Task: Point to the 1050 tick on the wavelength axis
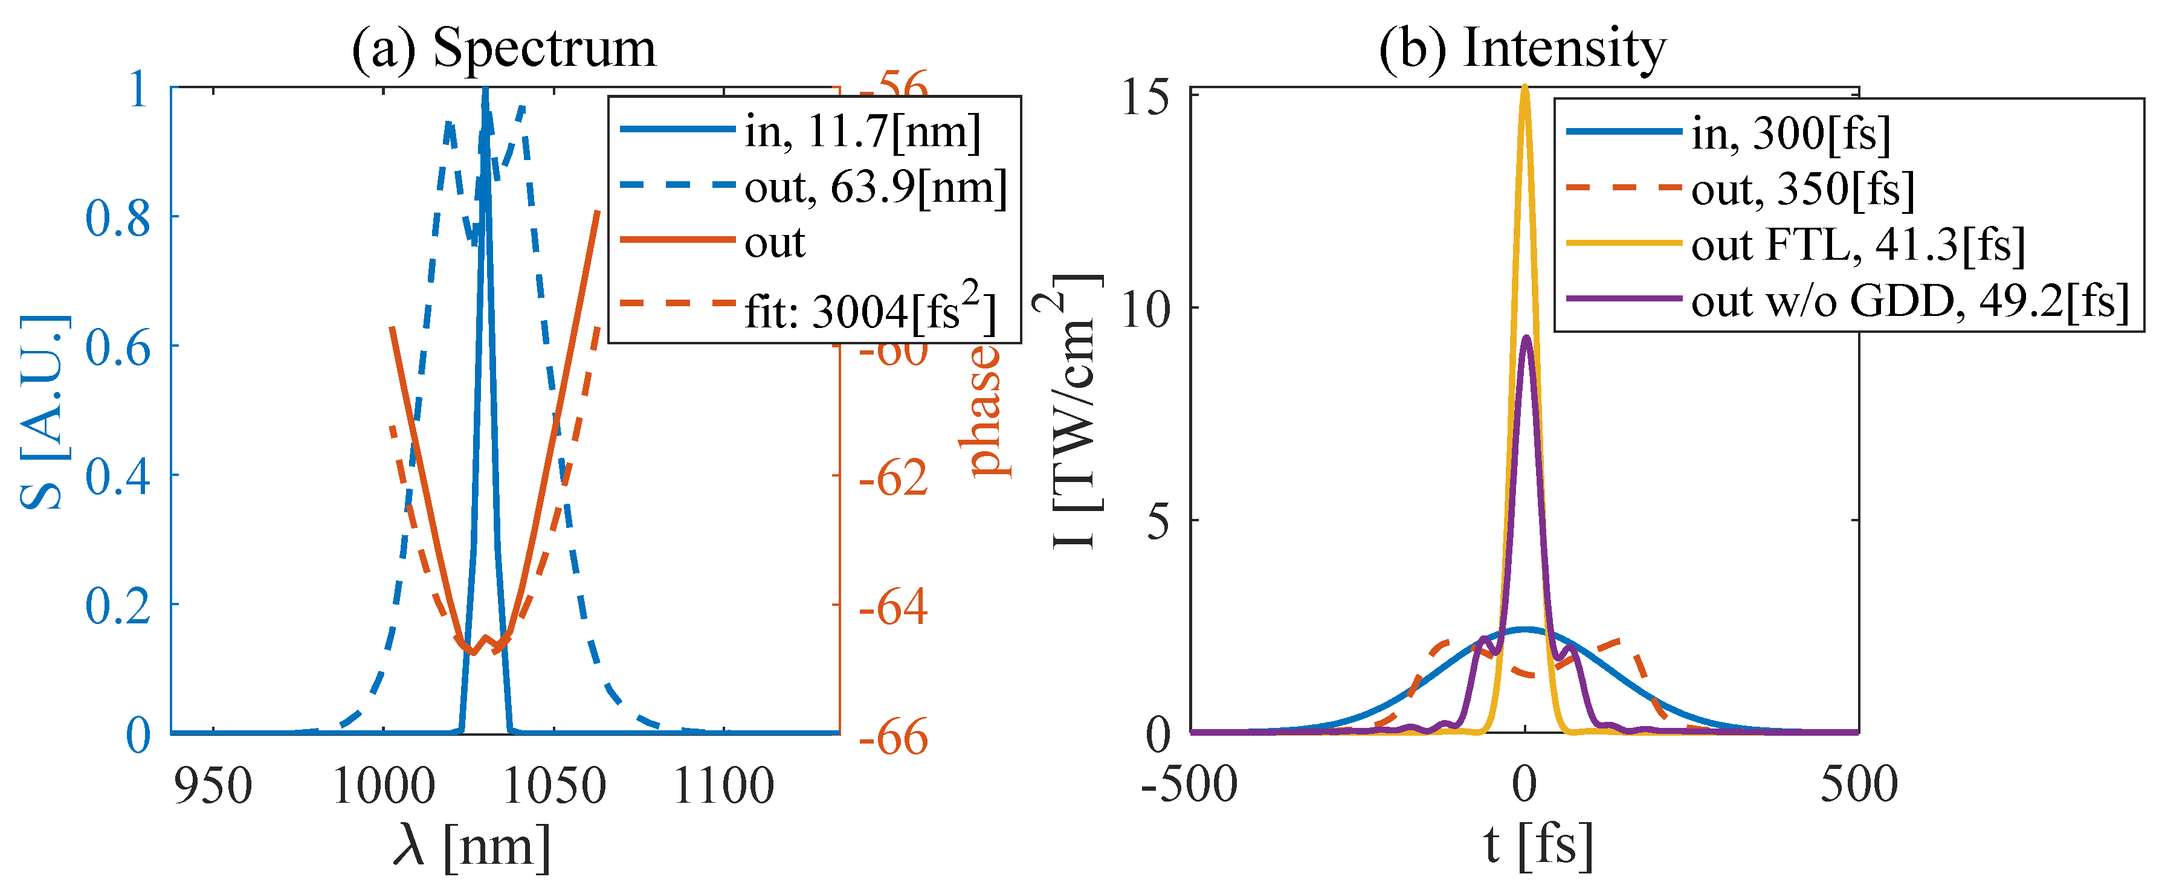[553, 786]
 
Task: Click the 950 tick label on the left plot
[213, 786]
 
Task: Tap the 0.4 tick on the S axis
[118, 475]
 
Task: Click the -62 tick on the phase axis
[892, 477]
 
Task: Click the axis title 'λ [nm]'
[471, 844]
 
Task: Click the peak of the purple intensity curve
[1527, 338]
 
